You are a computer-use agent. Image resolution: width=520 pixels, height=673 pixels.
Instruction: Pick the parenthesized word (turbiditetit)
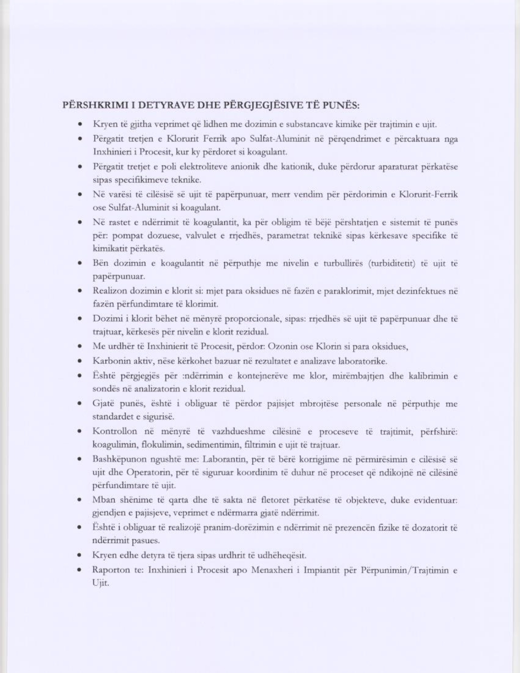click(392, 263)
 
